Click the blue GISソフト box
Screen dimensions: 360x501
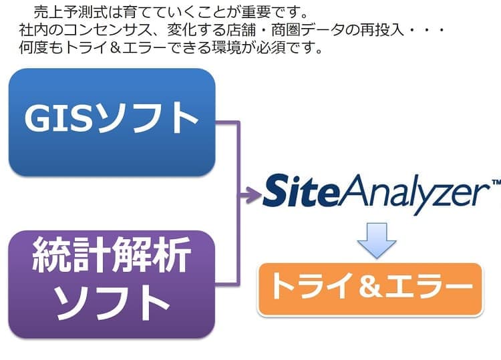112,122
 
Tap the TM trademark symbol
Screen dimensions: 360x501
495,182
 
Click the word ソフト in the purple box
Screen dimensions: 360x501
112,305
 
